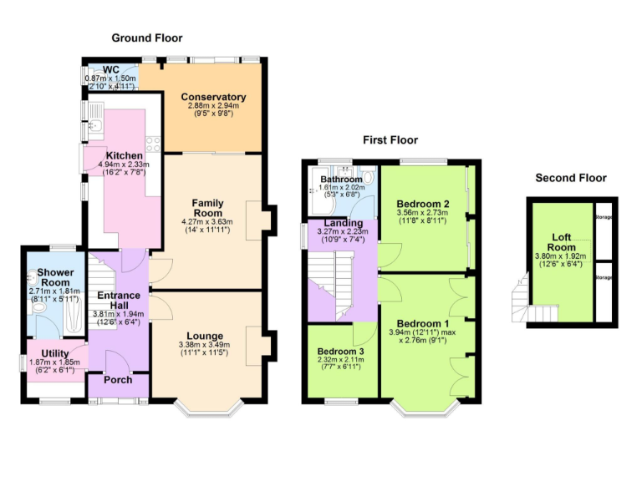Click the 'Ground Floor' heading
(x=147, y=38)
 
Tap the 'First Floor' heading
(x=390, y=140)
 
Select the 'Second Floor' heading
(x=571, y=178)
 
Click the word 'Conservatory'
(x=213, y=97)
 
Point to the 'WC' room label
(x=111, y=69)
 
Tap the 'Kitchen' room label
(x=123, y=155)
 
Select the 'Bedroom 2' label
(x=423, y=203)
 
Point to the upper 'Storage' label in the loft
(x=604, y=218)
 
